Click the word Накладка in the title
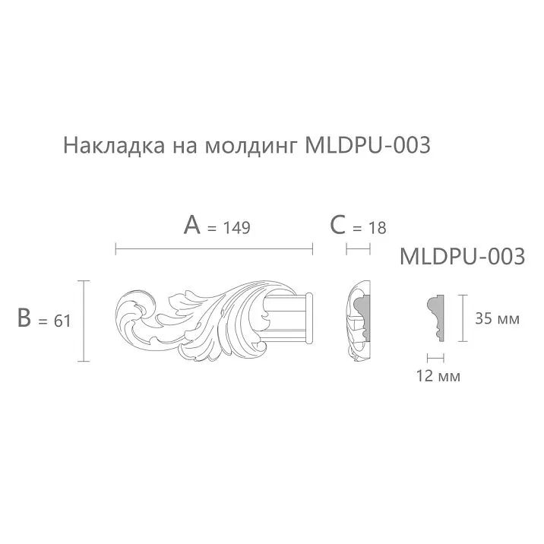click(109, 145)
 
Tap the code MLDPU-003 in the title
click(367, 145)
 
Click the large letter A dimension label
click(192, 226)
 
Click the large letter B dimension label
click(26, 319)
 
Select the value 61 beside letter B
click(62, 321)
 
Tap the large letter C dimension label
click(338, 226)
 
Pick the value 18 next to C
click(377, 227)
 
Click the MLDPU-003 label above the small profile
click(462, 257)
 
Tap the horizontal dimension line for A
click(213, 248)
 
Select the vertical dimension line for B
click(83, 320)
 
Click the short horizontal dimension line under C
click(358, 248)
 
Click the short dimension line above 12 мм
click(435, 356)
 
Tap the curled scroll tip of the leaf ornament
click(132, 313)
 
